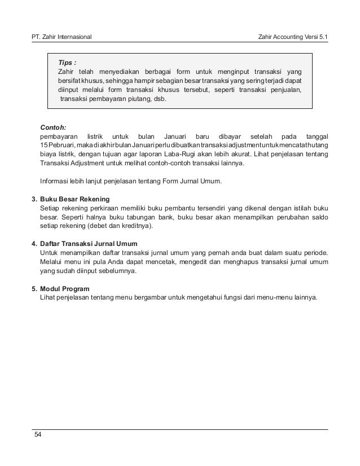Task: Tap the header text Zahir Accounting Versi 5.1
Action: pos(292,37)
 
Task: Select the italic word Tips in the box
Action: pos(67,62)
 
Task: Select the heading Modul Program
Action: pos(65,288)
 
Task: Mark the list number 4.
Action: pos(33,244)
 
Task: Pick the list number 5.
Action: pos(33,288)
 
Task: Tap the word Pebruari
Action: pos(62,145)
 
